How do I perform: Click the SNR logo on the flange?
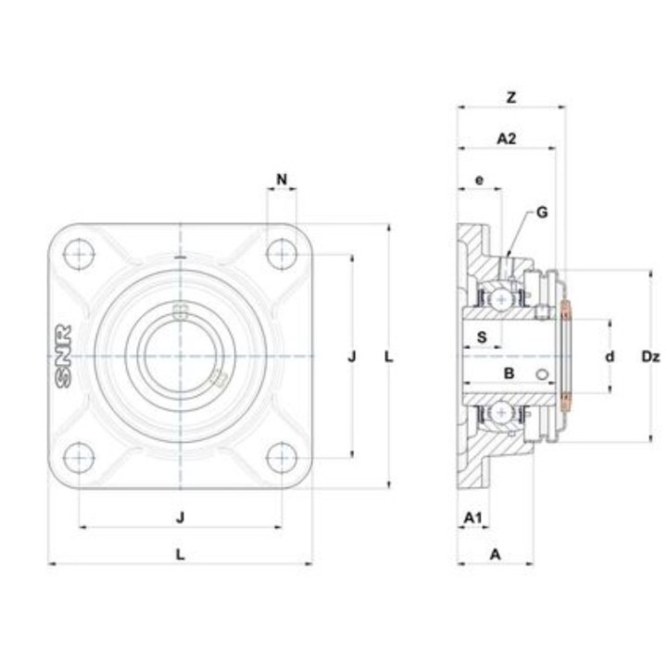(63, 357)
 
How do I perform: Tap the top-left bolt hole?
(79, 255)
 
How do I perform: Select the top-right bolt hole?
(282, 255)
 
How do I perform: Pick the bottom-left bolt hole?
(79, 458)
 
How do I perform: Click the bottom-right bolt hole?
(282, 458)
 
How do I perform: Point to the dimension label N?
(282, 180)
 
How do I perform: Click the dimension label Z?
(511, 97)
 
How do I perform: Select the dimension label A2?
(507, 138)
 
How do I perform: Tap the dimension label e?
(480, 180)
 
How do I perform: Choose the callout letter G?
(542, 212)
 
